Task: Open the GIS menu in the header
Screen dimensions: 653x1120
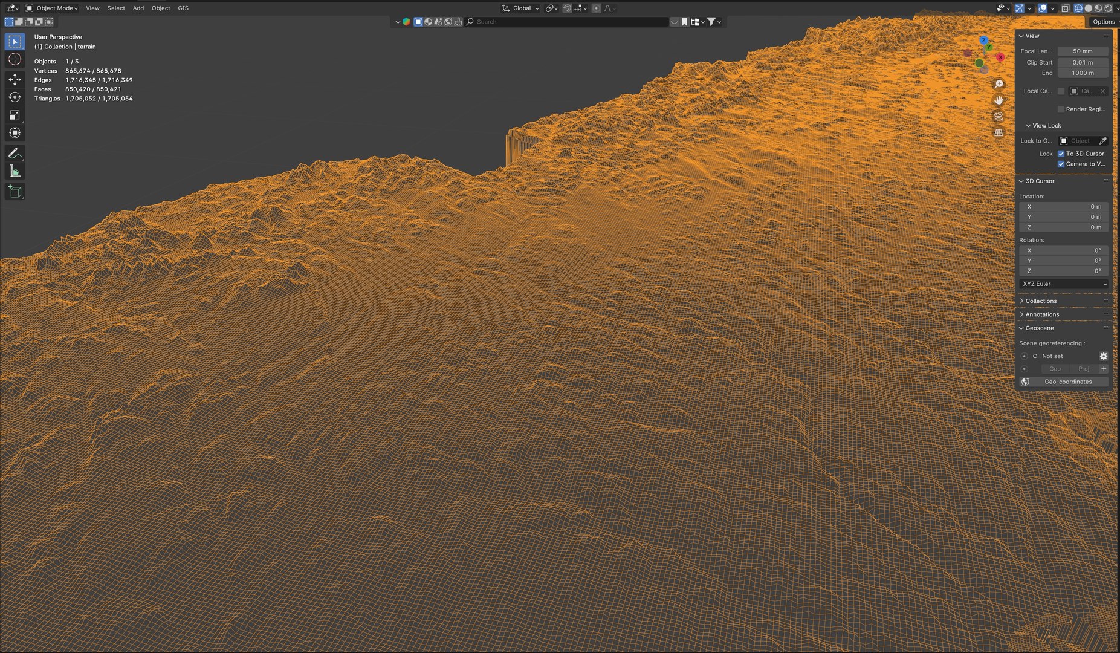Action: coord(183,8)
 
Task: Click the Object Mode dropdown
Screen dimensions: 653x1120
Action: coord(52,8)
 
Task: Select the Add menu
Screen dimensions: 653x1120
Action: coord(138,8)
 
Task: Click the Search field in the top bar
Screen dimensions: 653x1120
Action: coord(568,22)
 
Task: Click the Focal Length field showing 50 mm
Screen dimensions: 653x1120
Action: coord(1083,51)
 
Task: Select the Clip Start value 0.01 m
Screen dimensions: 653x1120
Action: coord(1083,62)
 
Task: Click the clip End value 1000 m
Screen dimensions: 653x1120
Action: coord(1083,73)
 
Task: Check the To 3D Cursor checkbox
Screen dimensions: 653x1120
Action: coord(1061,154)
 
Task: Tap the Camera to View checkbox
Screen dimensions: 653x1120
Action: coord(1061,164)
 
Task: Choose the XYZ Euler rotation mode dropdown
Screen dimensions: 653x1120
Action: coord(1064,284)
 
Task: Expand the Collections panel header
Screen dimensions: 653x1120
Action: coord(1041,301)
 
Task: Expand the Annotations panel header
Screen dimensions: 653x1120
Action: coord(1042,314)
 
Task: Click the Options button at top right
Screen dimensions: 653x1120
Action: coord(1103,22)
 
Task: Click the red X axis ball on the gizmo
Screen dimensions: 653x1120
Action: coord(1000,57)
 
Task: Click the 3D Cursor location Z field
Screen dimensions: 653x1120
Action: coord(1064,227)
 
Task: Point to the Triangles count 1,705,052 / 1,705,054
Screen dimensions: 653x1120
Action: coord(99,99)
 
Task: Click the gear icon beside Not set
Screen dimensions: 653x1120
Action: coord(1103,356)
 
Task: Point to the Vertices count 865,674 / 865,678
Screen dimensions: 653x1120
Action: coord(93,71)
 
